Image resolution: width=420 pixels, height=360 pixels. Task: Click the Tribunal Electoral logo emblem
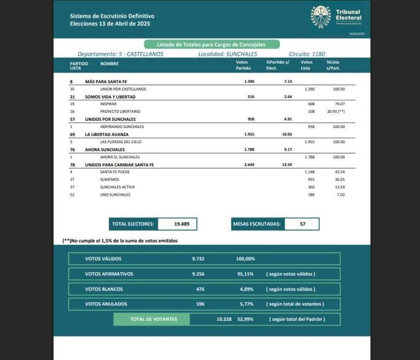pos(320,17)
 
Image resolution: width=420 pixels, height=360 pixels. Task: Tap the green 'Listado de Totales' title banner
pos(212,44)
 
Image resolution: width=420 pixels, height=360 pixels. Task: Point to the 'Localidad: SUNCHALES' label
pos(228,54)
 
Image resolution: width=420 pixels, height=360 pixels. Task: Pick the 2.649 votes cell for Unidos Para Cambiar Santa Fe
pos(251,165)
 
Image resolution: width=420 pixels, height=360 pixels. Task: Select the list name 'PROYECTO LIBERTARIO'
pos(120,112)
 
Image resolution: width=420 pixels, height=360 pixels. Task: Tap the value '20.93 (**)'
pos(335,112)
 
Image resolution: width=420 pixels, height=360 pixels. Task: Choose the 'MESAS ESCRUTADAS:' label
pos(256,224)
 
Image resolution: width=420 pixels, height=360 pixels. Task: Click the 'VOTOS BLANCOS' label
pos(104,289)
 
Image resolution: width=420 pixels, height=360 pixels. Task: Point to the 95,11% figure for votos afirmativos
pos(246,274)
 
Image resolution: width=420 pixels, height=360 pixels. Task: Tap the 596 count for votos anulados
pos(200,304)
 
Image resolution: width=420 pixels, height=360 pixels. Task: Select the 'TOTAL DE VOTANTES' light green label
pos(153,319)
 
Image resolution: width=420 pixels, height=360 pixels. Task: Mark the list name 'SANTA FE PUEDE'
pos(116,172)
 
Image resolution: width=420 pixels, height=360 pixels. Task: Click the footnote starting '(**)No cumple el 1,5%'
pos(120,240)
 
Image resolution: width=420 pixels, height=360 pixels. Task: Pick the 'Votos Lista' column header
pos(307,65)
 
